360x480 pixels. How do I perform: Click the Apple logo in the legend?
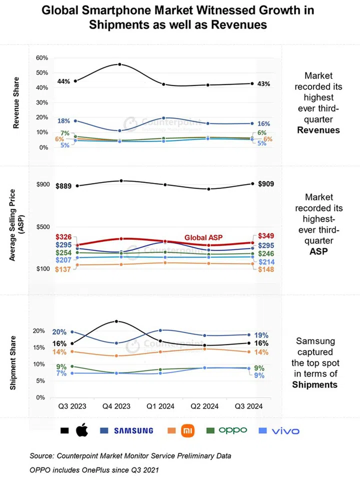(81, 430)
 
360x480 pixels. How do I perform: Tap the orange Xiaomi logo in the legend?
(185, 430)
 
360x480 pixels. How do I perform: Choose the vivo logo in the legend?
(285, 430)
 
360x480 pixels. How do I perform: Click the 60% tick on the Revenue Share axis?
(41, 58)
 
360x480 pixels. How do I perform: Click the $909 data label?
(266, 184)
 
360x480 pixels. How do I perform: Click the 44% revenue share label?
(63, 81)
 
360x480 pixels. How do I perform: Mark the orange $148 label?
(265, 270)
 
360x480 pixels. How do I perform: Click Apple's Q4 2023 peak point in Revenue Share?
(119, 64)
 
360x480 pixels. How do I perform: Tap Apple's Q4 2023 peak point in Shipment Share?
(116, 321)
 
